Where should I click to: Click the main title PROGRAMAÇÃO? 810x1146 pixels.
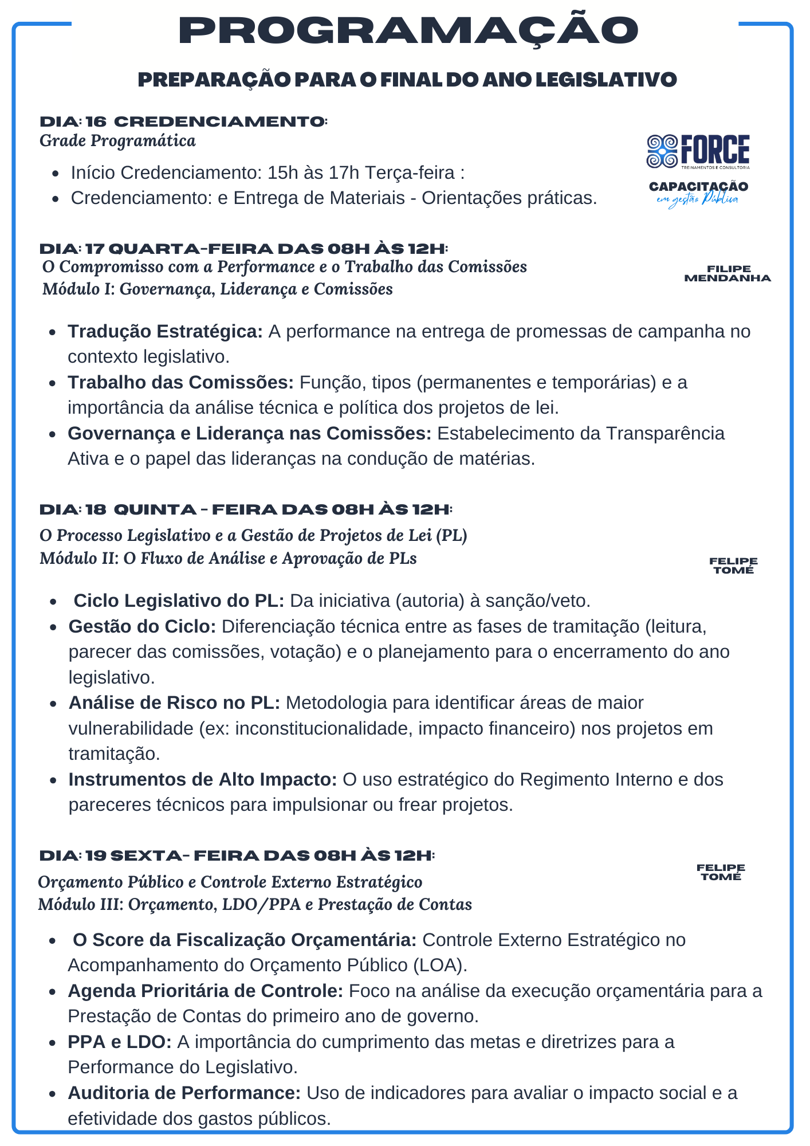[x=408, y=31]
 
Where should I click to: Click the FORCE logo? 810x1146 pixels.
[x=698, y=151]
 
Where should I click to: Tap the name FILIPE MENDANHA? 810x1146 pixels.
[x=728, y=274]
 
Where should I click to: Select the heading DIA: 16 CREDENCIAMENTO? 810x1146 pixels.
[x=183, y=122]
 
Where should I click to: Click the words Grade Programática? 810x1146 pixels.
[x=117, y=141]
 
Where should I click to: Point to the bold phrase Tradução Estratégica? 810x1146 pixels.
[x=165, y=332]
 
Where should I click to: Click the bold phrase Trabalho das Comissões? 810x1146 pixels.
[x=180, y=382]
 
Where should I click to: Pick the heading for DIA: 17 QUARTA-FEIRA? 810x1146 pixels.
[x=243, y=249]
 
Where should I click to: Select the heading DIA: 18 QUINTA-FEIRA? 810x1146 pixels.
[x=246, y=510]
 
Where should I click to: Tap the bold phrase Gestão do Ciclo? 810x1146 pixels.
[x=142, y=627]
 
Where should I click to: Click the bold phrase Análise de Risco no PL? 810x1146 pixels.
[x=174, y=703]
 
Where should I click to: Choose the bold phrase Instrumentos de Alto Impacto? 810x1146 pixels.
[x=202, y=780]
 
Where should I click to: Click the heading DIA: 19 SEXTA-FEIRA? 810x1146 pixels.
[x=237, y=856]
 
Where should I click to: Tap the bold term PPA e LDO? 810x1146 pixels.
[x=119, y=1042]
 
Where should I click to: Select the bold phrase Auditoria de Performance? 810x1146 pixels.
[x=184, y=1093]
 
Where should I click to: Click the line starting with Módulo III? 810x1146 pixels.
[x=255, y=905]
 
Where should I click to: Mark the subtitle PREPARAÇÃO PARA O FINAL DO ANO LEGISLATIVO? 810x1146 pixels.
[x=407, y=80]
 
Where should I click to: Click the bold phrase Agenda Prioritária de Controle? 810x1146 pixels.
[x=205, y=991]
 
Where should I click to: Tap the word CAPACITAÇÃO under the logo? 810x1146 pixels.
[x=698, y=187]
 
